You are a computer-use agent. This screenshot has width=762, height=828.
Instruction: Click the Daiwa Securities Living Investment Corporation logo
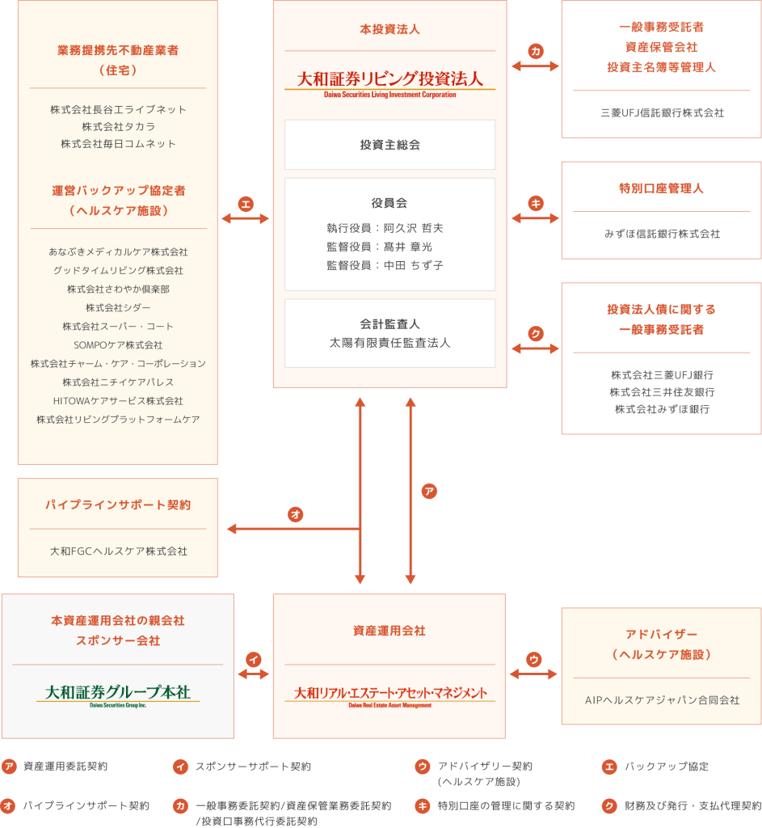pos(389,82)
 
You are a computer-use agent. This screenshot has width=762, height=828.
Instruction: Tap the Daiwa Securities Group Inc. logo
pos(118,695)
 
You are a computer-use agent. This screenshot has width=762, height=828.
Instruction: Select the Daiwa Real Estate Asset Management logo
pos(389,695)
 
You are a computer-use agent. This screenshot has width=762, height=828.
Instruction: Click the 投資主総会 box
pos(389,145)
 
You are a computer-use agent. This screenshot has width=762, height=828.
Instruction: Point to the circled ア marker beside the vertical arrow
pos(429,491)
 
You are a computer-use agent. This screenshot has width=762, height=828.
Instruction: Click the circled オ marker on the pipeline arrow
pos(295,513)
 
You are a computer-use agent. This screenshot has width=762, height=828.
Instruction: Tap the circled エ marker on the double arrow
pos(246,203)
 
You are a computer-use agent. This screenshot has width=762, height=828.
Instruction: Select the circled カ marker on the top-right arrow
pos(535,51)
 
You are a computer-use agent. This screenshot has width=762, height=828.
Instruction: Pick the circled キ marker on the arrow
pos(535,203)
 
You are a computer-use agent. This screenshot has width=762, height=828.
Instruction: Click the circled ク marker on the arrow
pos(535,333)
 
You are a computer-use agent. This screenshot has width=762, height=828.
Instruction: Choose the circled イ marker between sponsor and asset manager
pos(254,659)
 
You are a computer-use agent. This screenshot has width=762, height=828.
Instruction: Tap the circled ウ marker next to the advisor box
pos(533,659)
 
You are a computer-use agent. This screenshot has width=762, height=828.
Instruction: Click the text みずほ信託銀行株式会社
pos(662,234)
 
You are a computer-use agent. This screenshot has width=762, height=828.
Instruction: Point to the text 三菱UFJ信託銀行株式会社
pos(662,113)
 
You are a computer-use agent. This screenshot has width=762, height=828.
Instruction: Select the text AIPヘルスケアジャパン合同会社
pos(662,700)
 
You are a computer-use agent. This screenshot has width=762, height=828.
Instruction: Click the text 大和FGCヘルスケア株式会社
pos(118,551)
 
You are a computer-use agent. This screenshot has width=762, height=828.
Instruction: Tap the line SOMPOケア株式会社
pos(118,345)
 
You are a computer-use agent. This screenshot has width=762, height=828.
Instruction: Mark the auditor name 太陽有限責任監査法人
pos(389,343)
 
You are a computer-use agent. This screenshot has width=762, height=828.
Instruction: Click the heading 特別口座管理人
pos(661,188)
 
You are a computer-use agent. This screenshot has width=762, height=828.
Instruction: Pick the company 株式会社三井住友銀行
pos(662,392)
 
